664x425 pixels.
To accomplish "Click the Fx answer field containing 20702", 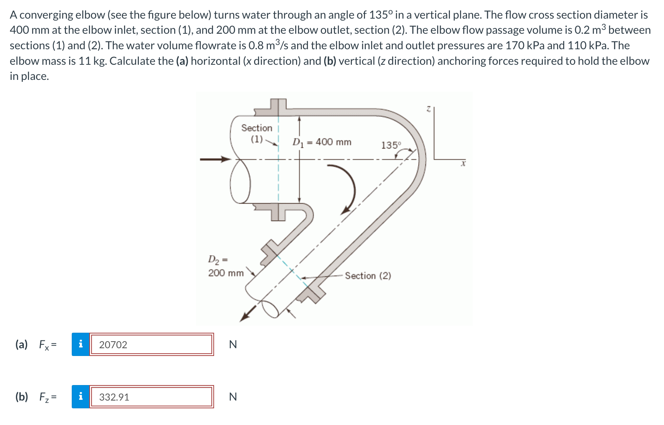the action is (151, 344).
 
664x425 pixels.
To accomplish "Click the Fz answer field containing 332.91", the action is (151, 397).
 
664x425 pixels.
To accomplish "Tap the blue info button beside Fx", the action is (81, 344).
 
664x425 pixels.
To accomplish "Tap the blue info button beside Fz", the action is (81, 397).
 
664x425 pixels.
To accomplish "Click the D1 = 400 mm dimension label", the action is (322, 142).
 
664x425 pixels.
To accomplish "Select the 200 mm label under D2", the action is (226, 273).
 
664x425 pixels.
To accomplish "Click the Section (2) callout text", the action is (368, 276).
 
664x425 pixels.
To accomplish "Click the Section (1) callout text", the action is (257, 133).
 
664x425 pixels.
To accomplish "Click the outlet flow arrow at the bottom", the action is (248, 313).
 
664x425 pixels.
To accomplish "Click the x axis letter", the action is (463, 164).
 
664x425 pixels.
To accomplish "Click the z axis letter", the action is (428, 110).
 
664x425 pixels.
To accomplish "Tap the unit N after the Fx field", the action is (233, 344).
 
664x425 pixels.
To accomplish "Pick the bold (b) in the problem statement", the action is (330, 61).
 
